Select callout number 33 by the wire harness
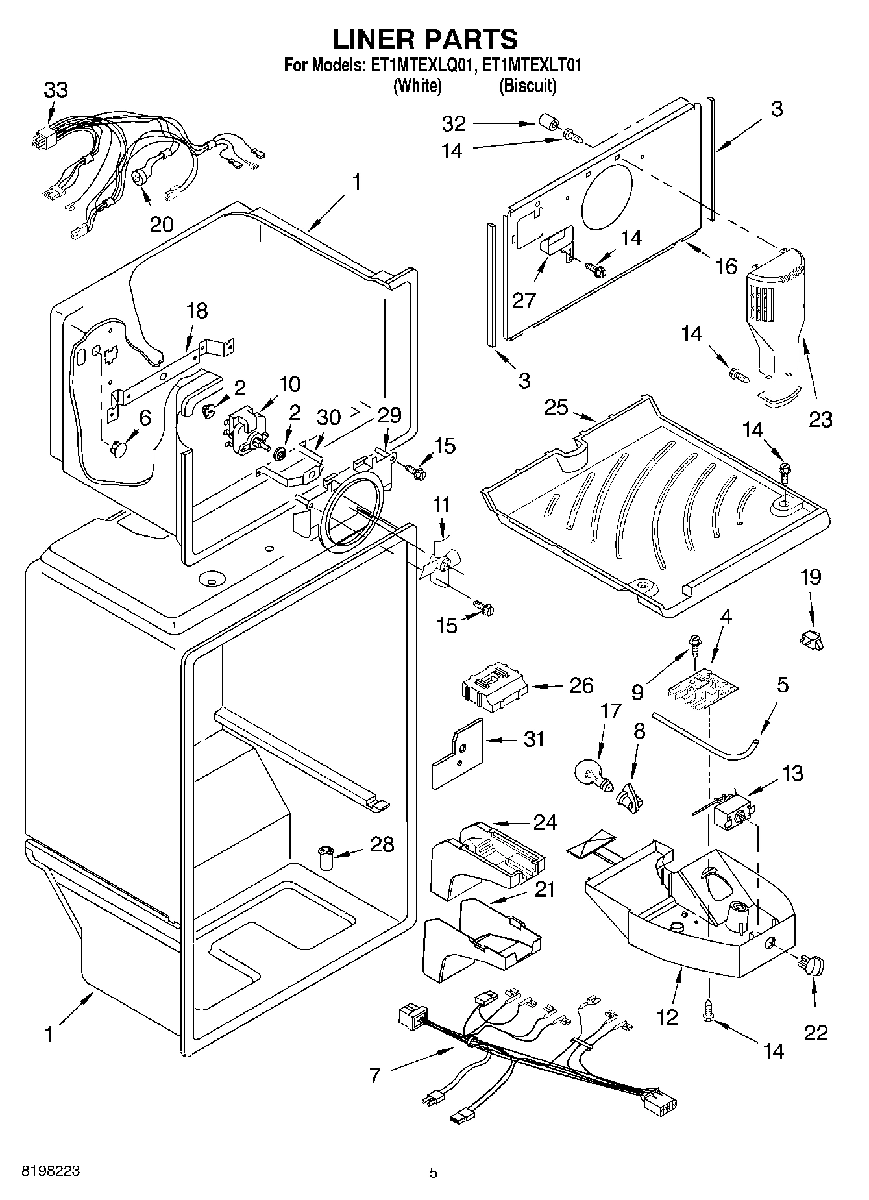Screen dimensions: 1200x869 pos(56,90)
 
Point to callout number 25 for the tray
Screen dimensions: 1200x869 pos(556,408)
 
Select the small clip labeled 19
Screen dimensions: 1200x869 pos(811,641)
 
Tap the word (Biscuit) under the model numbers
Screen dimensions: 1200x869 pos(527,85)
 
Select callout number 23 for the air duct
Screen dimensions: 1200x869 pos(820,419)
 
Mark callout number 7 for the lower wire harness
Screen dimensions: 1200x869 pos(374,1075)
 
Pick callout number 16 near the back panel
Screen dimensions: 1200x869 pos(727,265)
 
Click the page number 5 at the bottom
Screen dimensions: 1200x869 pos(434,1172)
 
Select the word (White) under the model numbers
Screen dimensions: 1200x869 pos(417,85)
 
